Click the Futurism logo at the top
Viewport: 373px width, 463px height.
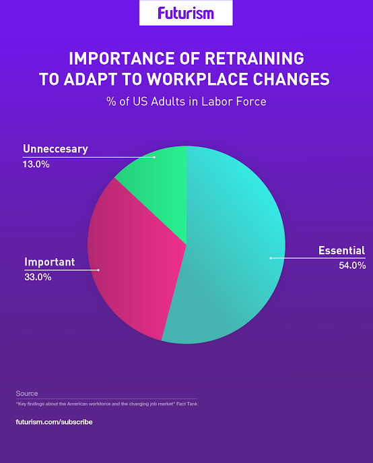186,13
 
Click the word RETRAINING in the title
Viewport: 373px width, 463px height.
255,58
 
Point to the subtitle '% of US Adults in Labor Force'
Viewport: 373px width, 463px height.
186,102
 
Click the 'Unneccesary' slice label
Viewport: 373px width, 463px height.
55,149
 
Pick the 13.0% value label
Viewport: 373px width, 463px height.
36,164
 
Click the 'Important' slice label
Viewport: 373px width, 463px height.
50,262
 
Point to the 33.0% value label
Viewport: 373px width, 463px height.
38,277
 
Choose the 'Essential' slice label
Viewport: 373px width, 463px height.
342,251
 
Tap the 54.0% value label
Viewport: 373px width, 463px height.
352,266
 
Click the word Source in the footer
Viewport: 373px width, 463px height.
27,394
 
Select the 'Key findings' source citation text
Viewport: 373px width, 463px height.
107,404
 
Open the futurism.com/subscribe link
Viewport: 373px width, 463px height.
54,422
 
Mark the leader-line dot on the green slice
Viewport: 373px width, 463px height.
154,158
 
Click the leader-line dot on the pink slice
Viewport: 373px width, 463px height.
98,270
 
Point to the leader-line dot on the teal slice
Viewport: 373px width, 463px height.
271,258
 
